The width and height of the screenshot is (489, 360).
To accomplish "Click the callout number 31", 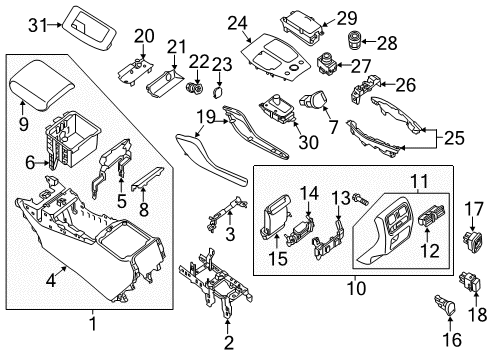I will tap(36, 23).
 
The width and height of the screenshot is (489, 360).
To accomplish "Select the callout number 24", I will tap(237, 23).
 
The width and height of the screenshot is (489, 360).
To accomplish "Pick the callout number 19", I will tap(203, 120).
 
